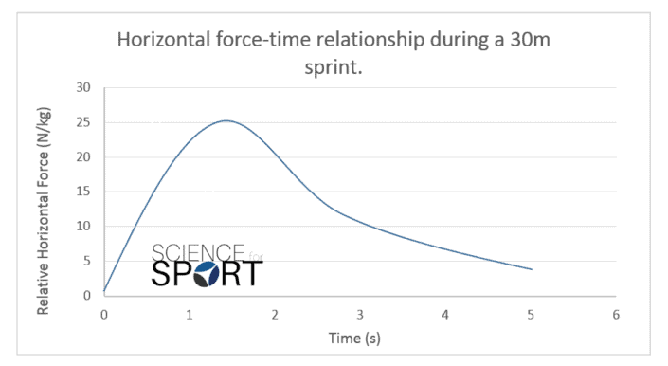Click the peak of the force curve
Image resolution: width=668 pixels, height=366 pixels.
click(x=226, y=120)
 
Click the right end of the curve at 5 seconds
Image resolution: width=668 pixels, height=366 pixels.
click(x=532, y=269)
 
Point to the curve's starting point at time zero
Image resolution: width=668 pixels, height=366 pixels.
click(x=105, y=291)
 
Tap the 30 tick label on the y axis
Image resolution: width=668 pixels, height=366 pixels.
click(x=82, y=87)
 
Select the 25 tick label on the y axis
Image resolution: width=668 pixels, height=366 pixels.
click(x=82, y=122)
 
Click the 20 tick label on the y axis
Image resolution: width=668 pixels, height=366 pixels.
click(x=82, y=157)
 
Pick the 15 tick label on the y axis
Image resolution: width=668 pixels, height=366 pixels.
click(x=82, y=192)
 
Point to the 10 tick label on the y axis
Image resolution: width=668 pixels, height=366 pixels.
click(x=82, y=227)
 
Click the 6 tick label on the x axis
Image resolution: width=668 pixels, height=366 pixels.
click(x=616, y=314)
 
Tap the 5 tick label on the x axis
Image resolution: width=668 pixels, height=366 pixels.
click(x=531, y=314)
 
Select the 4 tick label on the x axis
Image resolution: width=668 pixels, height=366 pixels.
click(x=445, y=314)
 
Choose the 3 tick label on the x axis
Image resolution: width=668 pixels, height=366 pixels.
click(x=360, y=314)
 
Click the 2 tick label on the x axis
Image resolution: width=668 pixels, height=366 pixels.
click(x=275, y=314)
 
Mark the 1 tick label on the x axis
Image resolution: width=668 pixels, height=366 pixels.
click(x=190, y=314)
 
